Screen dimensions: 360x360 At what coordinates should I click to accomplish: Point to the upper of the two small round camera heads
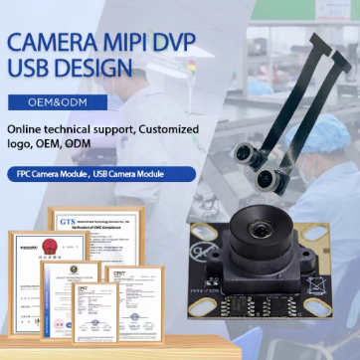[245, 153]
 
